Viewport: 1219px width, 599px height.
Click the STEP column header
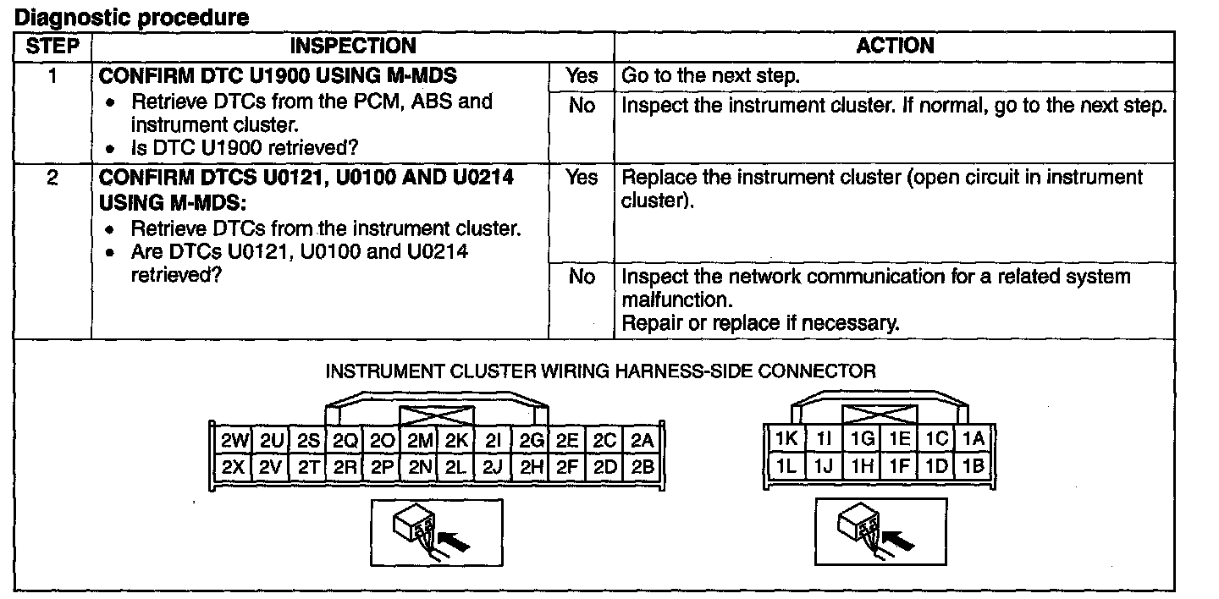click(52, 46)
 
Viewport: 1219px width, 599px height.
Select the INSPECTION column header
click(353, 46)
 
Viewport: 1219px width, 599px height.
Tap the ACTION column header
click(895, 46)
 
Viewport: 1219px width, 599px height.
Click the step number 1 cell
click(52, 76)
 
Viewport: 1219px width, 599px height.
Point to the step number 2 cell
click(52, 179)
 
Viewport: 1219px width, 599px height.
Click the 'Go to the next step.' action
click(710, 76)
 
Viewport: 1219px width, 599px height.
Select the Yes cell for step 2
click(582, 178)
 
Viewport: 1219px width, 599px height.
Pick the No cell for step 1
click(582, 106)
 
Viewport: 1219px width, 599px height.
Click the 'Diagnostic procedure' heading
click(132, 17)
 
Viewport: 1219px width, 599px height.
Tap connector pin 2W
click(232, 441)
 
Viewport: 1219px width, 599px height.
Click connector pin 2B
click(643, 465)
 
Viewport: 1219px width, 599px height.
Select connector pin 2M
click(421, 441)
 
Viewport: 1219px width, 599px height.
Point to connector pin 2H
click(532, 465)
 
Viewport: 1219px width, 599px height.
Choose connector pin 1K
click(786, 438)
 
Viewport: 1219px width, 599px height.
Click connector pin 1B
click(974, 464)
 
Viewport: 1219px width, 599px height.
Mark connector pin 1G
click(862, 438)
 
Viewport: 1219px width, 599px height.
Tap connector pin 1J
click(824, 464)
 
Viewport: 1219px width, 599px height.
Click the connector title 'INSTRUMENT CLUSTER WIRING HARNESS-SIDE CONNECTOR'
click(601, 371)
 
